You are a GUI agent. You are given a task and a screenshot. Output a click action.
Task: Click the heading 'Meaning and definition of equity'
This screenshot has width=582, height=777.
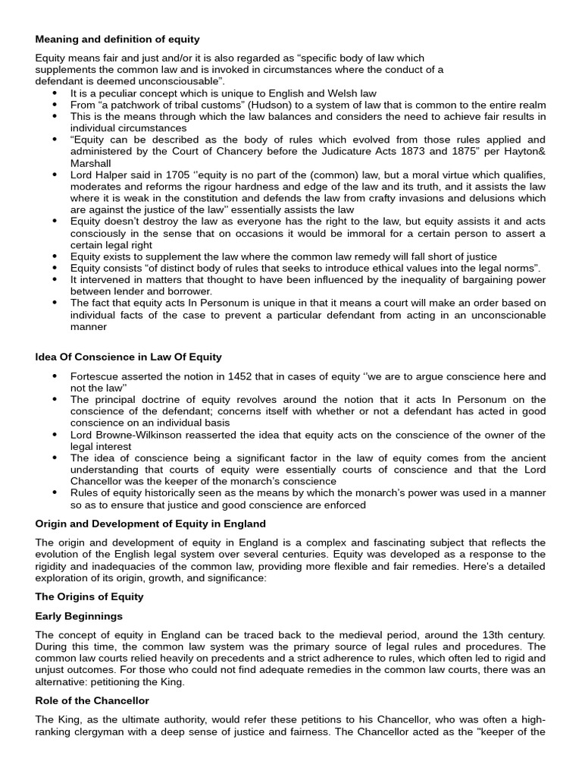click(x=117, y=39)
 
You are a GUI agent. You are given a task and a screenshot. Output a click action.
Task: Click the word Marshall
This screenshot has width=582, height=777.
click(x=90, y=163)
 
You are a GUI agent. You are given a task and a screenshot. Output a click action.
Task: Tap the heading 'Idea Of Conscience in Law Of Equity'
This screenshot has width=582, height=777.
click(x=128, y=357)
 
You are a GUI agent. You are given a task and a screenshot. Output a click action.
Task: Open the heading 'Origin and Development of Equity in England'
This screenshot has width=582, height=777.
click(x=150, y=524)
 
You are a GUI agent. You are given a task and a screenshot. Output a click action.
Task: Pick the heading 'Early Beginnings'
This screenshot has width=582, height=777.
click(x=79, y=615)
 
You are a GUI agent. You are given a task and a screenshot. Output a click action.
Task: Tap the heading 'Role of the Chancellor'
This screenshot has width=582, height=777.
click(x=92, y=700)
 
